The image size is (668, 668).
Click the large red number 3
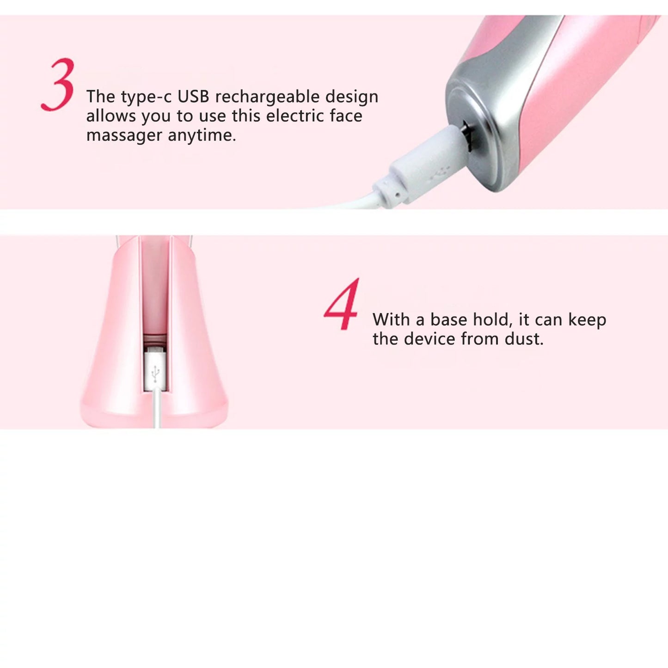59,85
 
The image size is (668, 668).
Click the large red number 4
342,305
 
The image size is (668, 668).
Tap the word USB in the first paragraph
193,97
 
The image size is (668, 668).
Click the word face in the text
346,116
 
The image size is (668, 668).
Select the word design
352,97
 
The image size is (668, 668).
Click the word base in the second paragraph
448,319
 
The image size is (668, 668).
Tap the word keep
587,320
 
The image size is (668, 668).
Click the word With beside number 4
391,319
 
